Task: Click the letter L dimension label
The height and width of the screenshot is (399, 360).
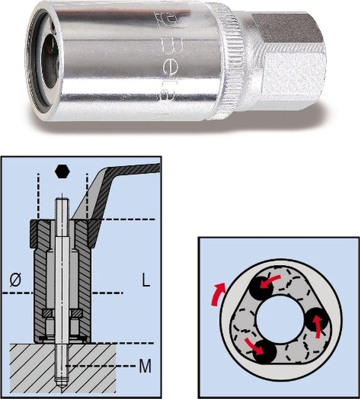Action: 145,281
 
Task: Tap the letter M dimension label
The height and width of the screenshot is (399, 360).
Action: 145,368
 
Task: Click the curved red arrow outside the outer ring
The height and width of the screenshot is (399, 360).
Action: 215,294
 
